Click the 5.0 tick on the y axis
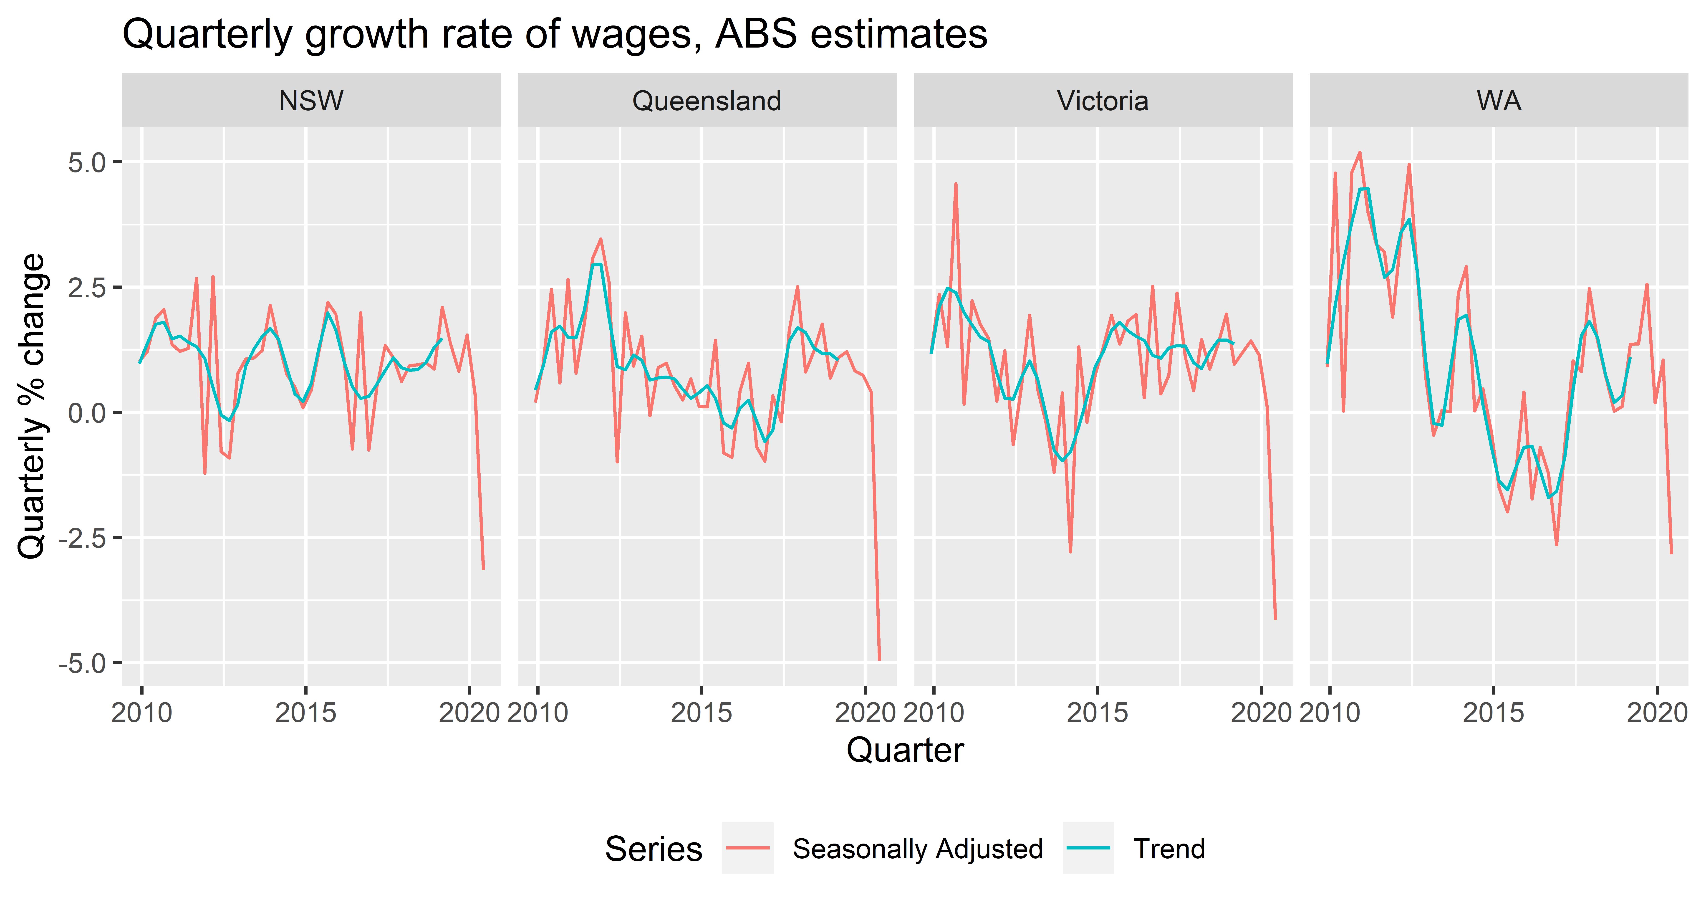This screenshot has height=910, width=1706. [87, 162]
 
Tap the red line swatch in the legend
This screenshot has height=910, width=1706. [748, 848]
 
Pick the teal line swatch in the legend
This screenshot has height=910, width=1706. [1088, 848]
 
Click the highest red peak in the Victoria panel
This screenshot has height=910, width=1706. [956, 183]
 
